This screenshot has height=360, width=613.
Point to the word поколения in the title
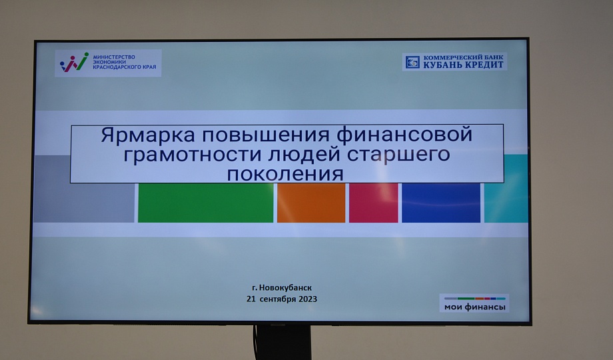point(285,174)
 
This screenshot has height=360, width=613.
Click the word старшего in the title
point(398,154)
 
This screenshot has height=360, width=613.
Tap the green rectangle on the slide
point(206,203)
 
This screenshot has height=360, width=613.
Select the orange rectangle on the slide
point(311,203)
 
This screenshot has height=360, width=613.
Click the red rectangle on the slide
point(373,203)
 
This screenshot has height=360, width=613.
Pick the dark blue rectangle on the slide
point(441,203)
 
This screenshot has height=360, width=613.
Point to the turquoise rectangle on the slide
point(506,189)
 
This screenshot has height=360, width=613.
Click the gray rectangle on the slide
point(84,189)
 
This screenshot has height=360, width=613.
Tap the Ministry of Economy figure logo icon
point(74,62)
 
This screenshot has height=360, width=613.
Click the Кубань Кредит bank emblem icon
point(412,62)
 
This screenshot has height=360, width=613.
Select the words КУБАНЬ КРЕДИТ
point(463,65)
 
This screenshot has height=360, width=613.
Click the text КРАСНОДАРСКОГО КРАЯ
point(125,67)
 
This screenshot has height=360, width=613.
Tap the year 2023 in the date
point(308,299)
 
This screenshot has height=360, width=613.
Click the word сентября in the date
point(278,299)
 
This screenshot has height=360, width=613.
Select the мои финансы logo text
point(474,307)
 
